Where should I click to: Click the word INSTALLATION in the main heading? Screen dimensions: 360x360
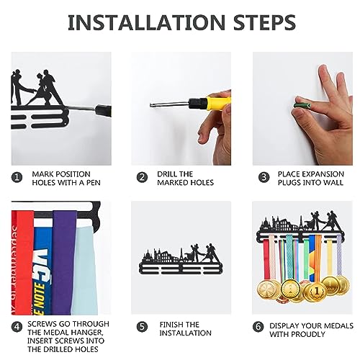click(x=146, y=22)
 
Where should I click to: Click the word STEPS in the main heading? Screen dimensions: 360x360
click(x=264, y=22)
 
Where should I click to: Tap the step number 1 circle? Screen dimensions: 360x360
click(x=17, y=178)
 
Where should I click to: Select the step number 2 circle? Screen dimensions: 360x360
click(x=142, y=178)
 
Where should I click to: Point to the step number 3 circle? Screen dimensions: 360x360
click(x=264, y=178)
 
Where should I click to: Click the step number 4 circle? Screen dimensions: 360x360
click(x=17, y=327)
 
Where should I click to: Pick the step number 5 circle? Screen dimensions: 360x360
click(x=142, y=327)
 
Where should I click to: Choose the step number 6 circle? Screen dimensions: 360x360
click(x=258, y=327)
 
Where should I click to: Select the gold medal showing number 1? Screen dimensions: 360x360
click(x=317, y=291)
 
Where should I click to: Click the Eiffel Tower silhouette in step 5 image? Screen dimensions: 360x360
click(x=181, y=255)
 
